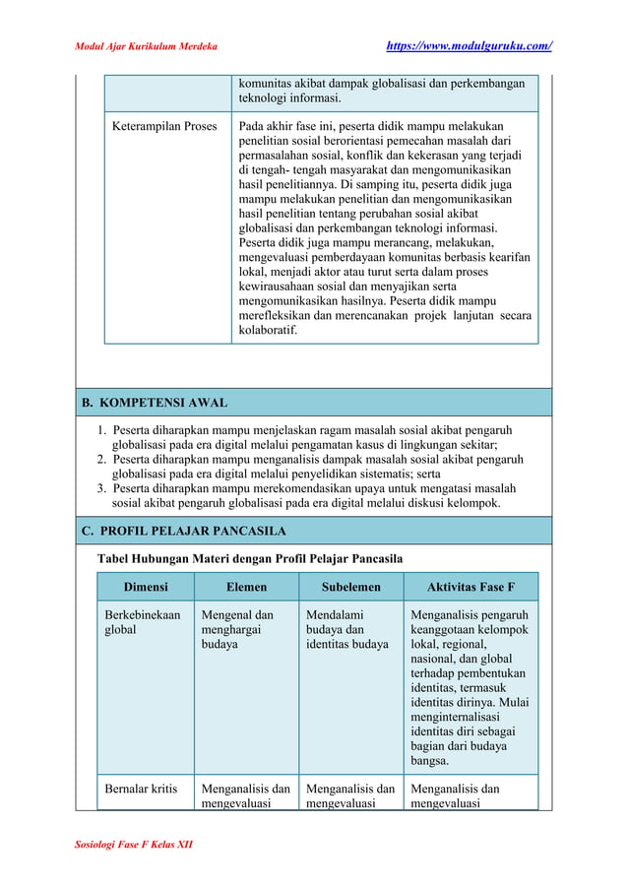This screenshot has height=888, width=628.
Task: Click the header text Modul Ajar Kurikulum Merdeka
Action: [147, 46]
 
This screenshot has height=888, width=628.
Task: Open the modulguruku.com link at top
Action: [467, 46]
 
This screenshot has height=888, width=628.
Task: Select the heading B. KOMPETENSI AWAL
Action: [155, 403]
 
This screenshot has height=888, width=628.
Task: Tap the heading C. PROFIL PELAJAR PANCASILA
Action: [184, 531]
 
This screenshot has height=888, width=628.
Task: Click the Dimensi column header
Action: [145, 587]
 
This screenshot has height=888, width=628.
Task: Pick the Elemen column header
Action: [246, 587]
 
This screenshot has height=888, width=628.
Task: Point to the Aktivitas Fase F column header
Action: [471, 587]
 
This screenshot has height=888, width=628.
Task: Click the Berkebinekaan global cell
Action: [143, 622]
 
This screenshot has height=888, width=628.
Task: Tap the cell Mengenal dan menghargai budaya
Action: [238, 629]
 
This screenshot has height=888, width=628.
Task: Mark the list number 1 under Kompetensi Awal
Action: [101, 430]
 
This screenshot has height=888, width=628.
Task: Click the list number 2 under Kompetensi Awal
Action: [101, 460]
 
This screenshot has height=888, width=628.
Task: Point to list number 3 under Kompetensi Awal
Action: [101, 489]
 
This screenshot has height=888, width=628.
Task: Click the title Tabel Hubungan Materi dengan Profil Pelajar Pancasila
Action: [248, 559]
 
